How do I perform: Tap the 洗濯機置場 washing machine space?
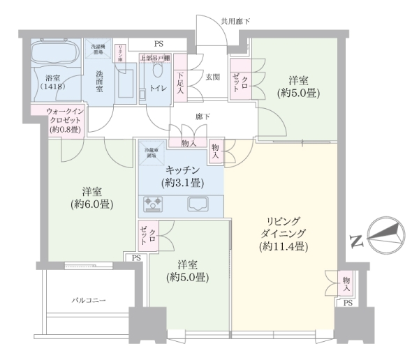[96, 50]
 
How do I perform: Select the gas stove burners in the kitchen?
[153, 204]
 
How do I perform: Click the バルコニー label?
[89, 300]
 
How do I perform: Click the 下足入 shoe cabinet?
[179, 84]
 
